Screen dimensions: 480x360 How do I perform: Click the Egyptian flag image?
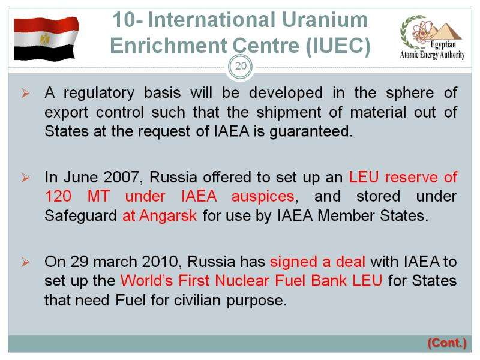tap(46, 38)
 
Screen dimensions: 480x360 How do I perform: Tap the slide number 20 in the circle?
tap(241, 66)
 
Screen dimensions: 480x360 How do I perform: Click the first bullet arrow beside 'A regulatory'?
tap(25, 93)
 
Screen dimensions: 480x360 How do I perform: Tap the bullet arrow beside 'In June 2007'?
tap(25, 178)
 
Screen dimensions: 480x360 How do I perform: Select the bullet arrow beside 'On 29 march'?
tap(25, 262)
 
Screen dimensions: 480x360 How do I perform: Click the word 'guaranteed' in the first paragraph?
tap(311, 131)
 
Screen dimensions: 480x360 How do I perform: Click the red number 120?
tap(58, 197)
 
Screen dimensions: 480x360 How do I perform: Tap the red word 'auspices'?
tap(263, 197)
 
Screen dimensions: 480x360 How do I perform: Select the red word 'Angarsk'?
tap(168, 216)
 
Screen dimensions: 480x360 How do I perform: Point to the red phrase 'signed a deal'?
tap(318, 262)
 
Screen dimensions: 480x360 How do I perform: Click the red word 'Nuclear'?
tap(242, 281)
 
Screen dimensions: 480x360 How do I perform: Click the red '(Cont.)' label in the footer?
tap(447, 343)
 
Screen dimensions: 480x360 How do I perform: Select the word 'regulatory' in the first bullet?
tap(99, 93)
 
